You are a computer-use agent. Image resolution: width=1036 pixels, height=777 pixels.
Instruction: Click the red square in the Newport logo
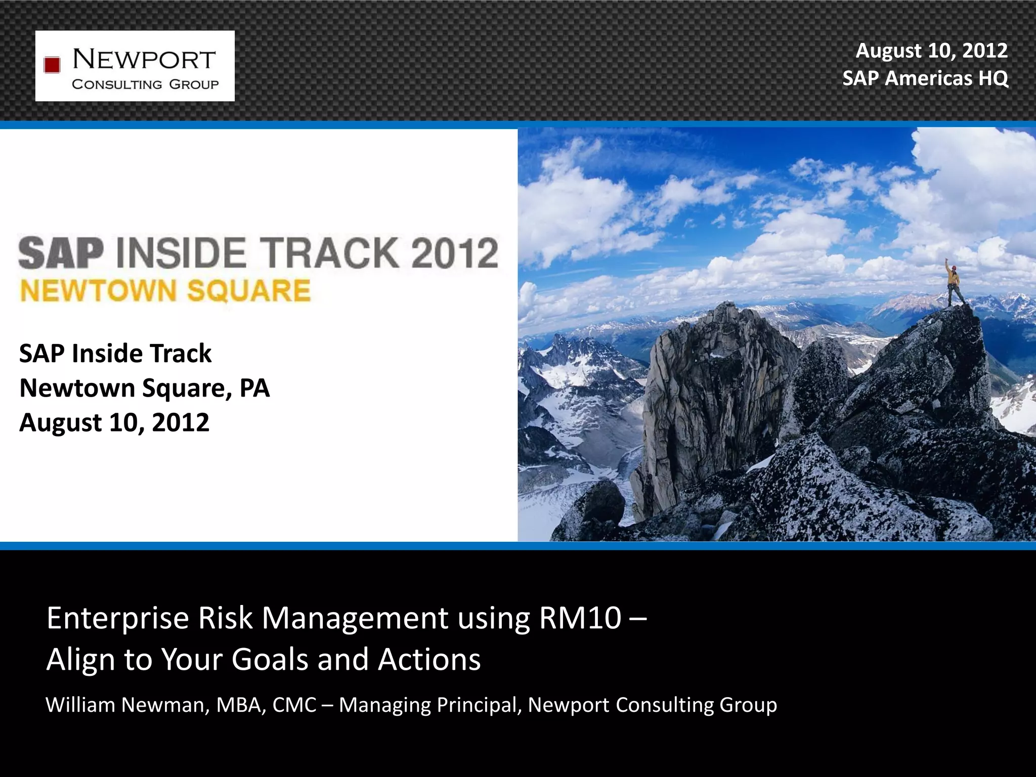(52, 65)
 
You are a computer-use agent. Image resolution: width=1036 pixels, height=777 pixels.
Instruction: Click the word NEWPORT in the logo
(144, 60)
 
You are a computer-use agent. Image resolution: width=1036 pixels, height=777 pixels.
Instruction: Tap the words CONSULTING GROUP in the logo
(145, 84)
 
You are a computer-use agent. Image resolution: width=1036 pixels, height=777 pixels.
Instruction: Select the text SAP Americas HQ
(925, 78)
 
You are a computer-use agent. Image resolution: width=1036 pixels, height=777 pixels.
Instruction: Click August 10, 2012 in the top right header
(931, 51)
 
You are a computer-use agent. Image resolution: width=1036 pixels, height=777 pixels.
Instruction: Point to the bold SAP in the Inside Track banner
(61, 253)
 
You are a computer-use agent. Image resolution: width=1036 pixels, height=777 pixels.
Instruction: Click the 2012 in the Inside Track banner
(454, 252)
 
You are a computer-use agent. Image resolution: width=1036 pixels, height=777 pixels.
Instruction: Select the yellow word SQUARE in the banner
(248, 291)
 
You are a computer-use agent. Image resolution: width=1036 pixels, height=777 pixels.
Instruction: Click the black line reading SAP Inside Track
(115, 353)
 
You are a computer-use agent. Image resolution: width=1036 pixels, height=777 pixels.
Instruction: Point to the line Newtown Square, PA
(144, 388)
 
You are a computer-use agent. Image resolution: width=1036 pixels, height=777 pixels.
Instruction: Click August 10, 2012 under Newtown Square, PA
(114, 422)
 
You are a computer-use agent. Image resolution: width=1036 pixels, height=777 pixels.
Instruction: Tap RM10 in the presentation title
(580, 618)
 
